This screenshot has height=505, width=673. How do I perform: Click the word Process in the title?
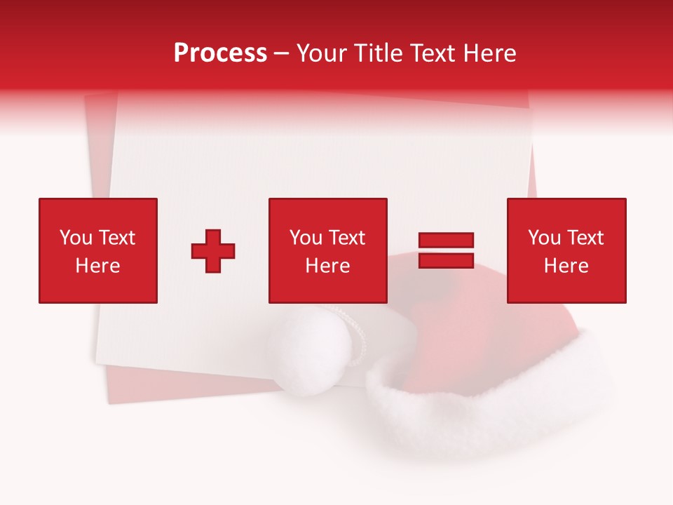coord(220,53)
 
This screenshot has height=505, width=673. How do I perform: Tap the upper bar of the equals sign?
coord(446,241)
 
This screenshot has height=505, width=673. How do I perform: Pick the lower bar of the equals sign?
coord(446,261)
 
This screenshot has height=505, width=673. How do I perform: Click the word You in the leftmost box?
coord(75,238)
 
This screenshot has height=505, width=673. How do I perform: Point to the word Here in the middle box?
coord(327,266)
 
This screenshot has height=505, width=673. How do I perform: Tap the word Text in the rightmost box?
coord(585,238)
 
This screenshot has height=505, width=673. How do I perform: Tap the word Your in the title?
coord(323,53)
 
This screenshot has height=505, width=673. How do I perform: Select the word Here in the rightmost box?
coord(566,266)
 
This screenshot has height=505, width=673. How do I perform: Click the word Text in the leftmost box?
coord(116,238)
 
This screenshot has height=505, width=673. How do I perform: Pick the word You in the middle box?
coord(305,238)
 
